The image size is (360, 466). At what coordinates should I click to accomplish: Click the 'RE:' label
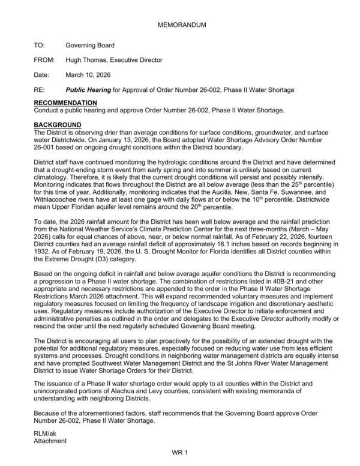[40, 90]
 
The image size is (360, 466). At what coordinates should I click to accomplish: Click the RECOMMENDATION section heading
[66, 103]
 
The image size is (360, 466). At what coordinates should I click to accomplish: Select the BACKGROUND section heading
[58, 124]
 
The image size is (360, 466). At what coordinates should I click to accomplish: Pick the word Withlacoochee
[56, 193]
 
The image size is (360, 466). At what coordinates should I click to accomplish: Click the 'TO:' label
[40, 45]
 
